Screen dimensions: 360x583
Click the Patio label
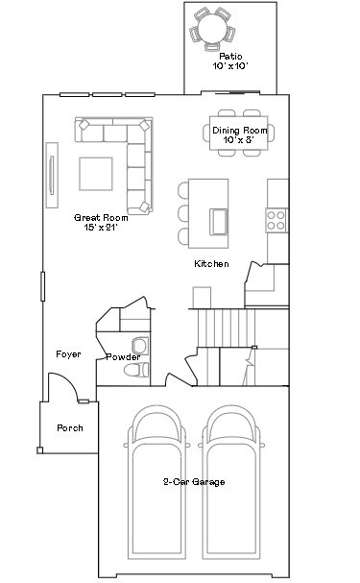(x=230, y=57)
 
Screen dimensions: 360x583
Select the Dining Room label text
(x=240, y=131)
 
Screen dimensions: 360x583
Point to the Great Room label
(x=101, y=217)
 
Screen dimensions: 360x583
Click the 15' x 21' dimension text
(x=101, y=228)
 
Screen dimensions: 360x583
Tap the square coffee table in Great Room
(x=95, y=174)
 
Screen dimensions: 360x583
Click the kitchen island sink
(x=219, y=222)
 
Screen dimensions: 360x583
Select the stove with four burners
(x=276, y=220)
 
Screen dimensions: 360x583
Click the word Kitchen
(x=211, y=263)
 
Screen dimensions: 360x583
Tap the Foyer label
(x=68, y=354)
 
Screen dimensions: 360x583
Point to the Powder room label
(x=123, y=357)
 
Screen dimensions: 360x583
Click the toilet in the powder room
(x=136, y=370)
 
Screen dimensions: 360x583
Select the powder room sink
(x=140, y=346)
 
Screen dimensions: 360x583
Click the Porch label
(x=70, y=428)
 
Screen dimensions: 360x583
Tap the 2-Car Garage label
(x=194, y=482)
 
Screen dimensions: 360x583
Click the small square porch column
(x=39, y=450)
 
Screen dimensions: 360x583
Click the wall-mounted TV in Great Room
(x=52, y=175)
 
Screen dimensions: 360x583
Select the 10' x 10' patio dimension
(x=230, y=66)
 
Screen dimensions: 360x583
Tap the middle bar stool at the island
(x=183, y=213)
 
